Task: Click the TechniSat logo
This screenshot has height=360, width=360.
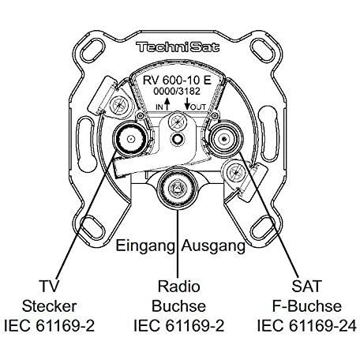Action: [178, 47]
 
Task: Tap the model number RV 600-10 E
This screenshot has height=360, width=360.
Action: [177, 81]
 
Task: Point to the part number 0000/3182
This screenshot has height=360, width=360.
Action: [177, 92]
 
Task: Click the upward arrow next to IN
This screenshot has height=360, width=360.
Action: [167, 104]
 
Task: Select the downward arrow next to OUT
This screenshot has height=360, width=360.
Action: [187, 103]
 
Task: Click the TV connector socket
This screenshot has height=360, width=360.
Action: [130, 139]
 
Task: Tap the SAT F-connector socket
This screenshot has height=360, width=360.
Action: [224, 139]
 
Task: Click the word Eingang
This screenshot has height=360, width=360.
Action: [145, 246]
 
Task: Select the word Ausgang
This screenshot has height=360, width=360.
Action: [213, 246]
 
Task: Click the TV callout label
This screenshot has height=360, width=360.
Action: [50, 286]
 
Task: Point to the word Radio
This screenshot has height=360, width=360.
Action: [179, 286]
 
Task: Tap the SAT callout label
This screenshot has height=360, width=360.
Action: [306, 286]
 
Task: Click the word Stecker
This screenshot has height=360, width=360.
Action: [49, 306]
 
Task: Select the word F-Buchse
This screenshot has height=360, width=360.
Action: [307, 306]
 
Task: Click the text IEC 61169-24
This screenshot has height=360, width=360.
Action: [307, 326]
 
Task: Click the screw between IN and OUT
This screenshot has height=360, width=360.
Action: [178, 122]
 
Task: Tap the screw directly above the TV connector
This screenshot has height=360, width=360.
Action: [119, 105]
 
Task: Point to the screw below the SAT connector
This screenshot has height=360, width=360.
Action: [235, 173]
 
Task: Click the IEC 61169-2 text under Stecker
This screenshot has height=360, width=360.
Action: [49, 326]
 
